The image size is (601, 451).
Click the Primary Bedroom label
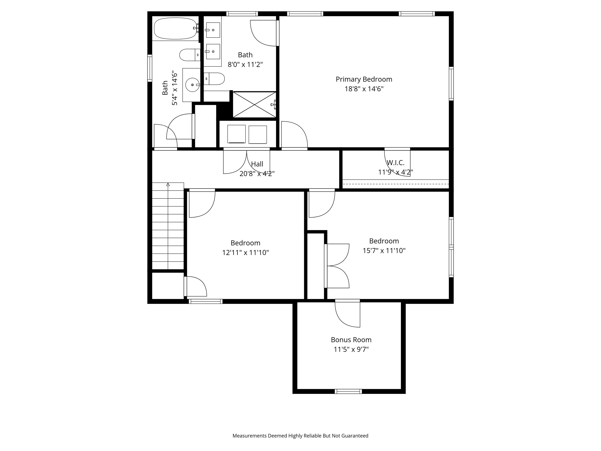point(364,79)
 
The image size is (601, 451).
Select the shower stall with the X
point(254,105)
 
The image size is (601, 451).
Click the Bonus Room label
point(351,340)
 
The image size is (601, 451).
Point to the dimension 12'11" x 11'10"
point(245,253)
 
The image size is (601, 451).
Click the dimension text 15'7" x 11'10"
point(384,250)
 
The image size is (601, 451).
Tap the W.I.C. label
point(395,162)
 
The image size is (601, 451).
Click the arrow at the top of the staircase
point(168,185)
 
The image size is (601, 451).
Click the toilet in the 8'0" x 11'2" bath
point(214,78)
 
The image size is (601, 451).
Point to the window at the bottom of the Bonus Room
point(348,391)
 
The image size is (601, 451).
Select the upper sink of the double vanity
point(213,30)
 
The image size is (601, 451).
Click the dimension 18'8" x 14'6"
point(364,89)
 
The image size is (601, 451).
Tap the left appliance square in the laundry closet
point(236,134)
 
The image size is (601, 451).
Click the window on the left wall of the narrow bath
point(150,68)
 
